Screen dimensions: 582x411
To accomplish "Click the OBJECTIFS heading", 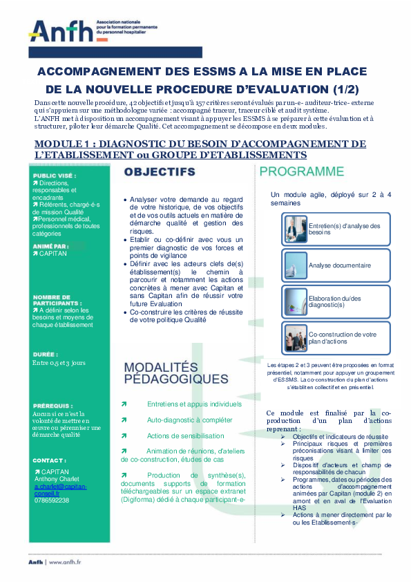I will [x=160, y=171].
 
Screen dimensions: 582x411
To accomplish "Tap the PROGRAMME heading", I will [x=301, y=171].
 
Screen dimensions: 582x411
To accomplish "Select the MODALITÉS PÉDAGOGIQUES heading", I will [x=175, y=373].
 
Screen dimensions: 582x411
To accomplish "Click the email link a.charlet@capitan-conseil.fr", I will [x=60, y=490].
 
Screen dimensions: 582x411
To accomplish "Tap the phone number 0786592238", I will [x=51, y=500].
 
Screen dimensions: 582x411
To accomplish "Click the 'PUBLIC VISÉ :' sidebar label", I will [x=55, y=176].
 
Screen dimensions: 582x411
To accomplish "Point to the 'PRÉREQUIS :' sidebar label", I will [x=52, y=406].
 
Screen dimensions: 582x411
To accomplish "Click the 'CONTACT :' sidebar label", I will [x=49, y=460].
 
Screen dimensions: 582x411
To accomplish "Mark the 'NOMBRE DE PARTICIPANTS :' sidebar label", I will [x=57, y=301].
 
